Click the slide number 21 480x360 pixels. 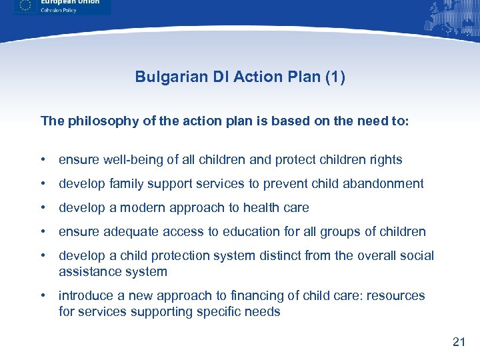(x=458, y=342)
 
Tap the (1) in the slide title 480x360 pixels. (x=333, y=77)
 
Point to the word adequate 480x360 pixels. (x=121, y=232)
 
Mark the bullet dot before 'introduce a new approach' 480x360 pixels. (x=43, y=295)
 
